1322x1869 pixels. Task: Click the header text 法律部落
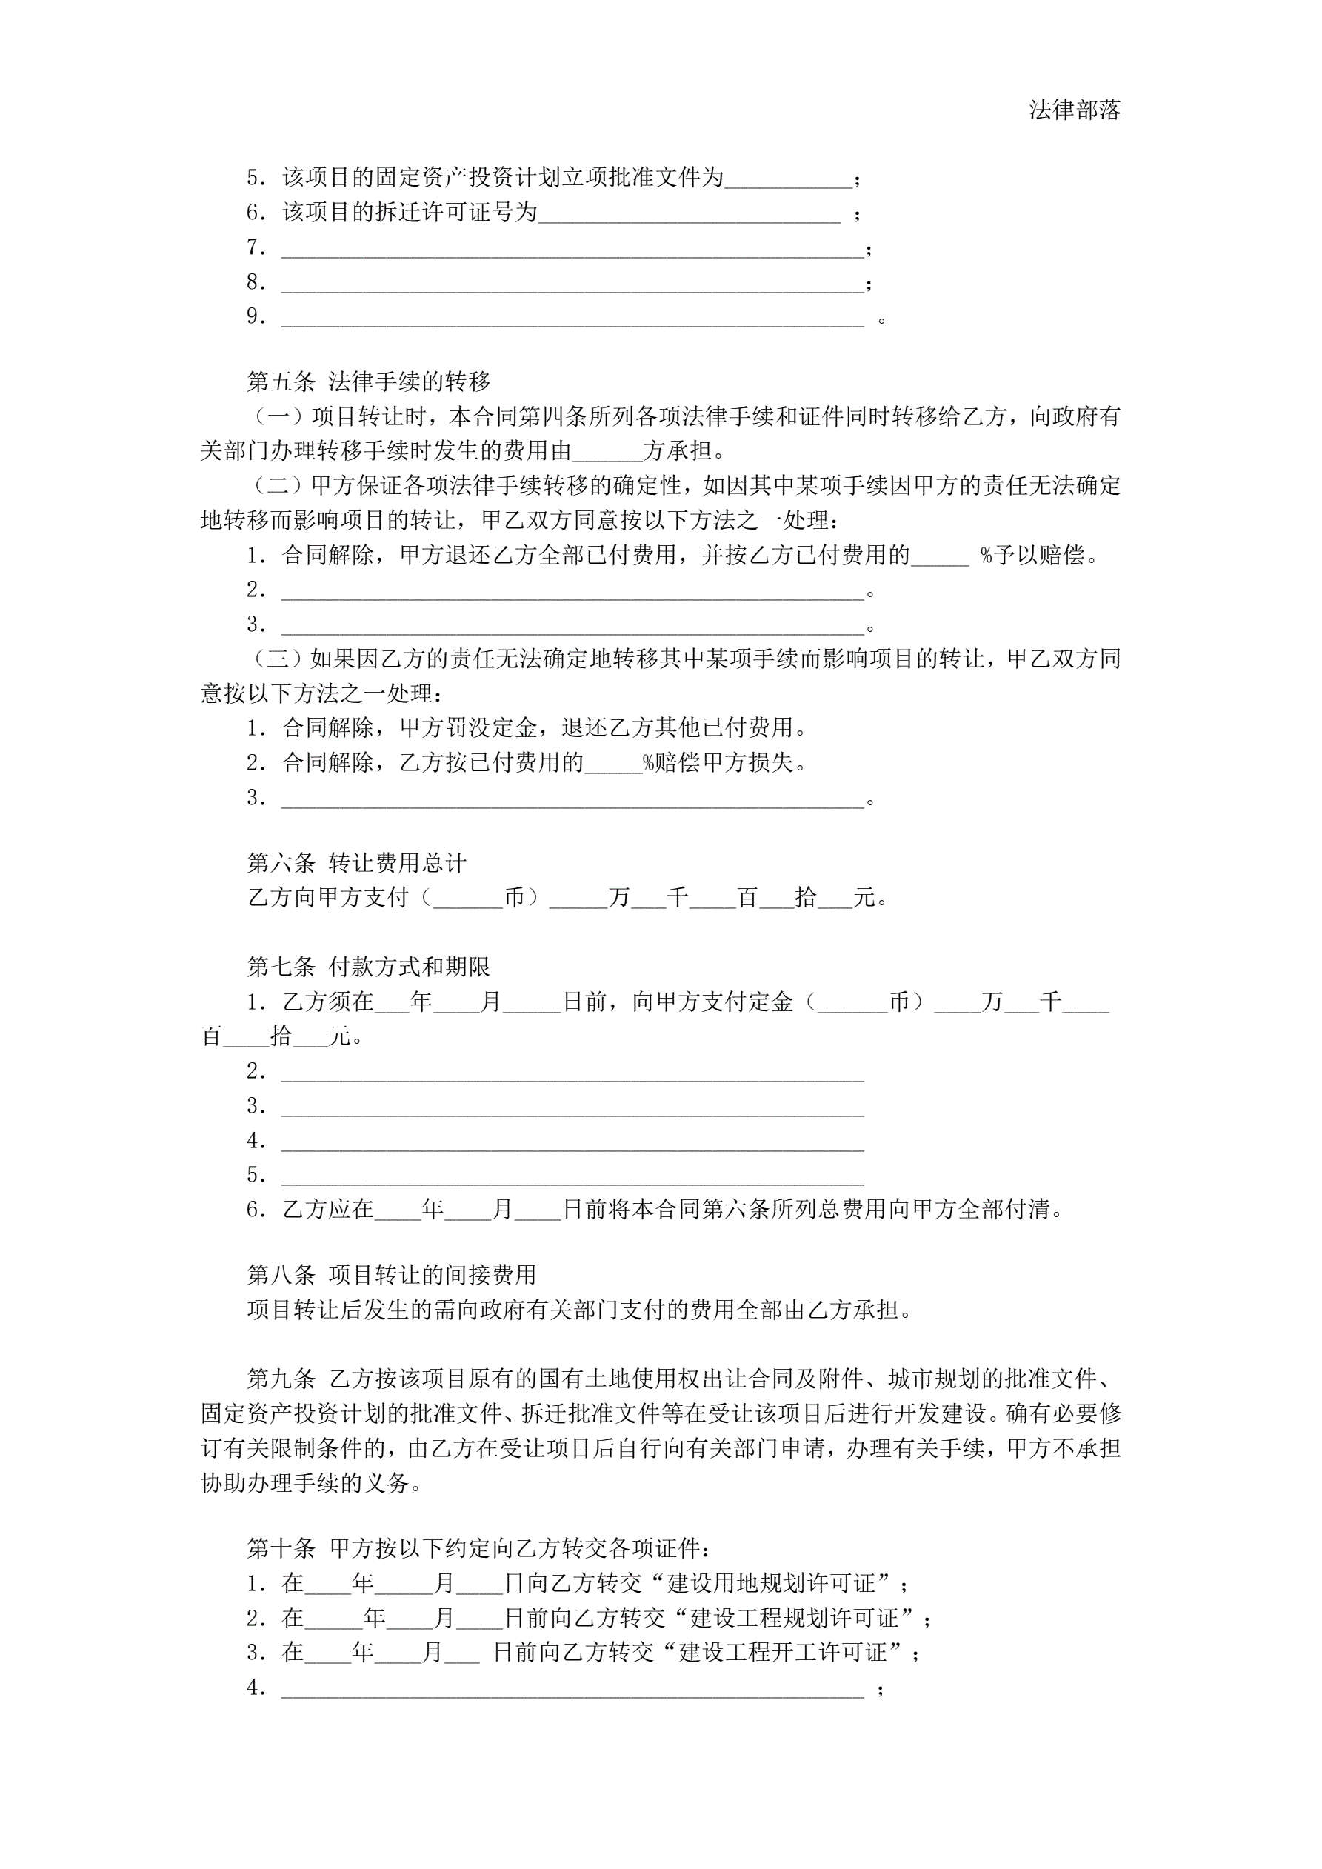pos(1074,110)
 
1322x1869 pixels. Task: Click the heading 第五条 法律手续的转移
pos(368,381)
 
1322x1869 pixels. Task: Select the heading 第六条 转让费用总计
pos(356,863)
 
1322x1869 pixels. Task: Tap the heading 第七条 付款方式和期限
pos(368,966)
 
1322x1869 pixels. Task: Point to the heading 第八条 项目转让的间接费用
pos(392,1275)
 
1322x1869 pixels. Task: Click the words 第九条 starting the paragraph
pos(281,1378)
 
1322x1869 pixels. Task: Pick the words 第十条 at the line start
pos(281,1548)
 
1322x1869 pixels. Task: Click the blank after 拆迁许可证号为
pos(689,214)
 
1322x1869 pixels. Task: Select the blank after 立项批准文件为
pos(788,179)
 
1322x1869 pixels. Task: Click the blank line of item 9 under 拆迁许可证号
pos(572,319)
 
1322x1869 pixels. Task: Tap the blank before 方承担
pos(607,453)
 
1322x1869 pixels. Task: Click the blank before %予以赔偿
pos(939,557)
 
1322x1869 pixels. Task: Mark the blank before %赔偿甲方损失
pos(613,764)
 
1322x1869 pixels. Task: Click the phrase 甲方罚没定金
pos(468,727)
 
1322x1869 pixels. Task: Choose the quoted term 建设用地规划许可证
pos(782,1583)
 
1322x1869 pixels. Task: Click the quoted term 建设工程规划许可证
pos(805,1617)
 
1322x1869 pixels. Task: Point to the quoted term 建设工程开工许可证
pos(794,1652)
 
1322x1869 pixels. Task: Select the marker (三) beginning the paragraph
pos(277,659)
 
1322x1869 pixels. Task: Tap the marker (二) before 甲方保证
pos(277,486)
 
